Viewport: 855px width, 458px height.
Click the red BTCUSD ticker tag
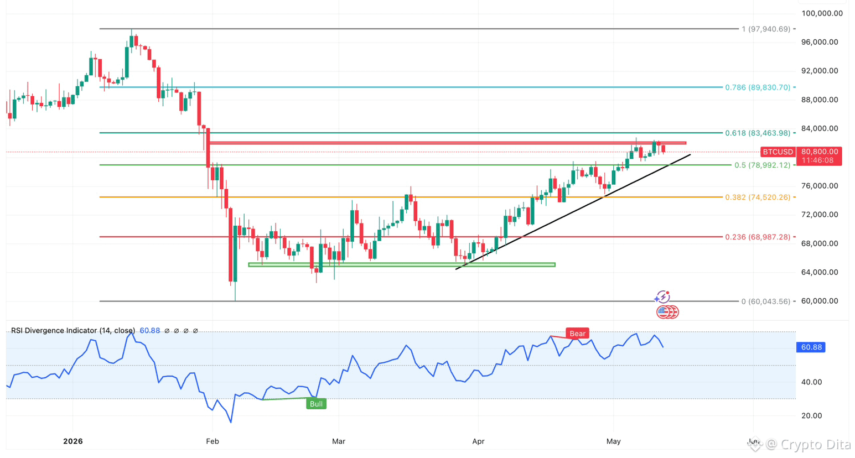[778, 152]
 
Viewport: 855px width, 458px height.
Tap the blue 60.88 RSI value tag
[811, 347]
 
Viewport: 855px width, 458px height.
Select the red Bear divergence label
[577, 334]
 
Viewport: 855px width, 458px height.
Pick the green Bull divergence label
[316, 404]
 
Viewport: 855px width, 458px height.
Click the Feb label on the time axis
[212, 441]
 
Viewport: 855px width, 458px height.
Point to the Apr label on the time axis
[478, 441]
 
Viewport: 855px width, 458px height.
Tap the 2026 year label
[73, 441]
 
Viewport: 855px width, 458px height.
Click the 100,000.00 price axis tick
[822, 13]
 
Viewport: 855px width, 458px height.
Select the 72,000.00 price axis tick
[820, 215]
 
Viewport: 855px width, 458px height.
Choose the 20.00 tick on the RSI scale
[812, 415]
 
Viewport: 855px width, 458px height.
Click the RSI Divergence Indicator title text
[73, 331]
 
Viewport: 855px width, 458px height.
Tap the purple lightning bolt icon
[662, 296]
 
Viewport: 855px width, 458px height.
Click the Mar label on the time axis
[339, 441]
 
